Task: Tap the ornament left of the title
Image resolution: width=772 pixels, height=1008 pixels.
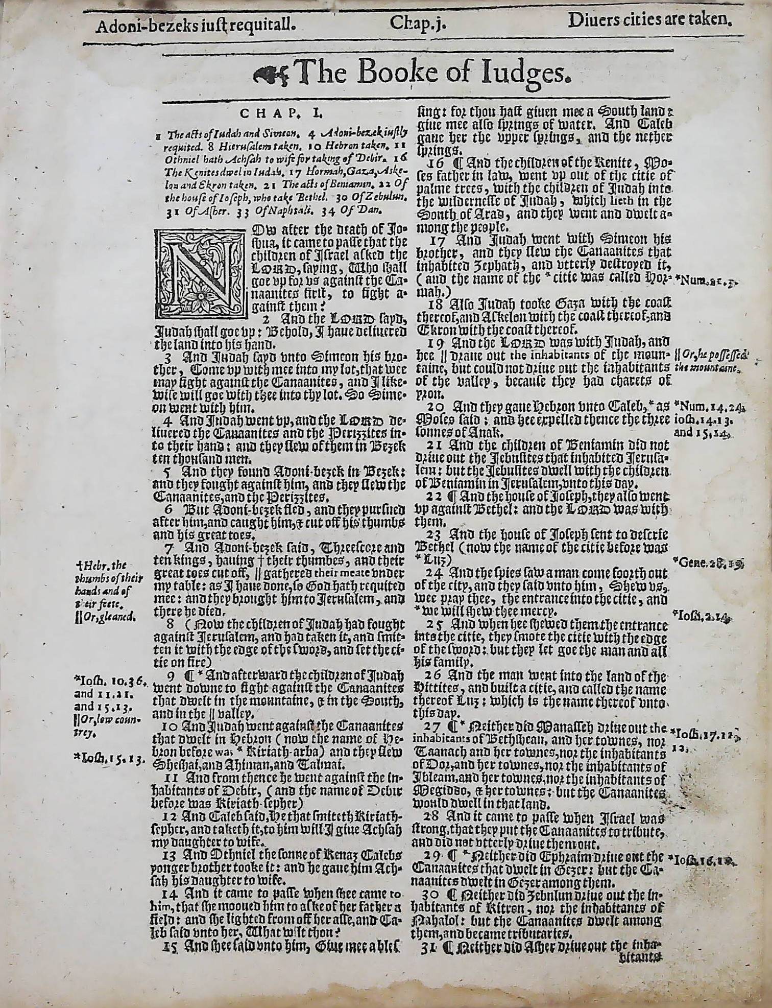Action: [x=271, y=75]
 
